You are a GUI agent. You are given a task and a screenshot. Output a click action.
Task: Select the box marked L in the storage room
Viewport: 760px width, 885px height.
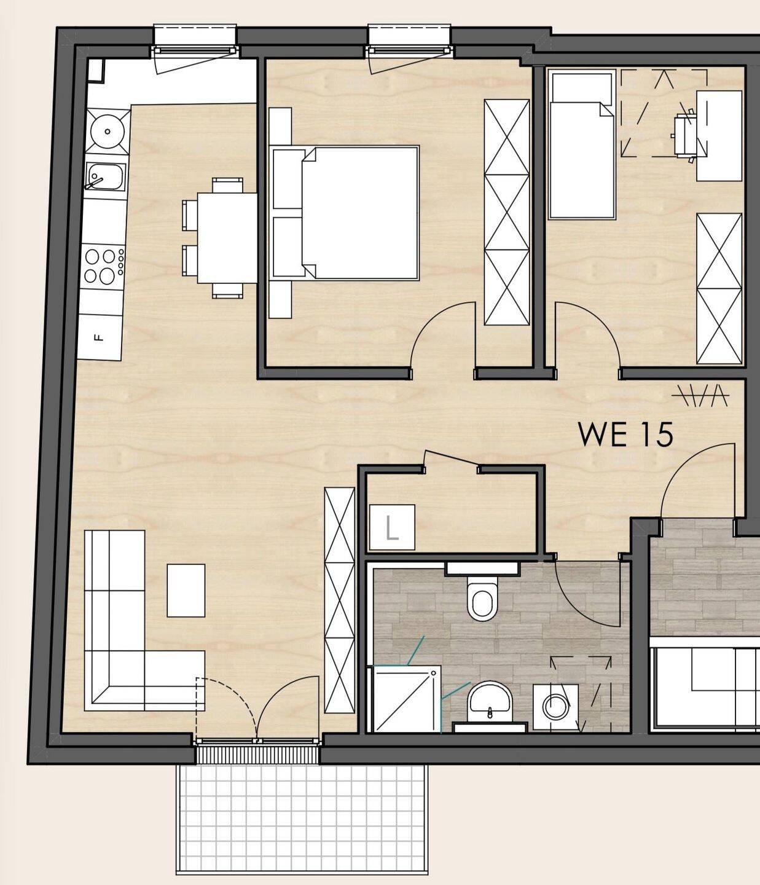[392, 527]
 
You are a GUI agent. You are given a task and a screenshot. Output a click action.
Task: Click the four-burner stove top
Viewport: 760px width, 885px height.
[104, 266]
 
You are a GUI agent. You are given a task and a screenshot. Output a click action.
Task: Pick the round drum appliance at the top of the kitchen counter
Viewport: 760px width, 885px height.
[108, 131]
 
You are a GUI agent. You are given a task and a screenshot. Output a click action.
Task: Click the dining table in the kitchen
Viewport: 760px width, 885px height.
[227, 238]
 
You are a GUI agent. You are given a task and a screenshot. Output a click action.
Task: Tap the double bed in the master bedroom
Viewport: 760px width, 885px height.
[344, 213]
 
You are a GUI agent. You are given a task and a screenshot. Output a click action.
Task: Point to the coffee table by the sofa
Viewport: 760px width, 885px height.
[186, 591]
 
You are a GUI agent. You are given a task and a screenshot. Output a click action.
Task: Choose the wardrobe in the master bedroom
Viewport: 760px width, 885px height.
[507, 212]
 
